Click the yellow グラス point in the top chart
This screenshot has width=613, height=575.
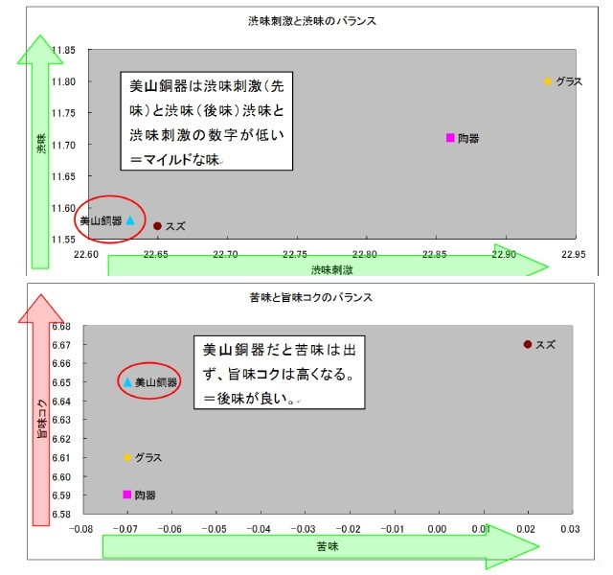point(547,81)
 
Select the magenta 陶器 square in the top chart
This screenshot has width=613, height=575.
point(450,138)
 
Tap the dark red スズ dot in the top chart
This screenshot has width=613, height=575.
point(157,226)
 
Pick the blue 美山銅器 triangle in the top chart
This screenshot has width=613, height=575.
point(130,220)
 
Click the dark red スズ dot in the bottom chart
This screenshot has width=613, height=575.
point(528,344)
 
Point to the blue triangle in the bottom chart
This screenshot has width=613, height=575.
point(127,382)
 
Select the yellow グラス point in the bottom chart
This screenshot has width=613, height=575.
point(127,457)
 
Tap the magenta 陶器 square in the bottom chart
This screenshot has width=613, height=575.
point(127,494)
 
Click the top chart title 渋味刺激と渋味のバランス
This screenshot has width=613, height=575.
point(312,21)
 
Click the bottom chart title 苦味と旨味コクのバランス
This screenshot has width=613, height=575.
point(311,298)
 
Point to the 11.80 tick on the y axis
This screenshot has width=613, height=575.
point(63,81)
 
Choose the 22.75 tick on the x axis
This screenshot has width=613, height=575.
point(295,254)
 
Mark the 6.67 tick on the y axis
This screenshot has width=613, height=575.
point(61,345)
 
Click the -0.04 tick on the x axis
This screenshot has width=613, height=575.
point(259,529)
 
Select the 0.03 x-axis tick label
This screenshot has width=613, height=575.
point(570,529)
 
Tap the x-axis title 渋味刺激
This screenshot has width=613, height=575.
point(332,269)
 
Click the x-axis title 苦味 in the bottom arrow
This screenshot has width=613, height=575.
point(328,546)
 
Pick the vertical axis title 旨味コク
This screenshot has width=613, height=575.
point(42,418)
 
